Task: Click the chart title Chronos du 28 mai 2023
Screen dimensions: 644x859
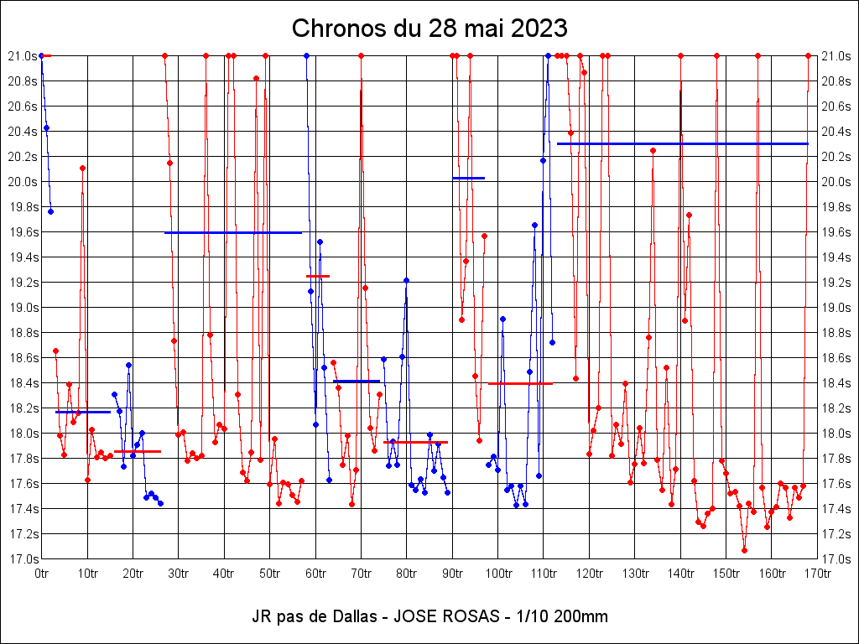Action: tap(429, 29)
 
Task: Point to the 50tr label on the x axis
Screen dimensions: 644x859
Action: tap(269, 574)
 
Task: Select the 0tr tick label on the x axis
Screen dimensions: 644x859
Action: tap(41, 574)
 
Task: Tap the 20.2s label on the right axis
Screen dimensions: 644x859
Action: tap(838, 157)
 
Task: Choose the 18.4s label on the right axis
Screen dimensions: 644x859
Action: tap(838, 383)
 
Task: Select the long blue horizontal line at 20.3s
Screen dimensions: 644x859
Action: tap(682, 143)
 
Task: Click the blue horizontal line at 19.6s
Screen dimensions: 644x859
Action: tap(233, 232)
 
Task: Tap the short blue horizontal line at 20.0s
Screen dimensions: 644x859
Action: tap(469, 178)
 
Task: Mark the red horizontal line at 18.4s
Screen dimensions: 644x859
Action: tap(520, 383)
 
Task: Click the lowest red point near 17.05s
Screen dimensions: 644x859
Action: tap(744, 550)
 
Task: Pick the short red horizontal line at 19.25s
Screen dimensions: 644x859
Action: tap(318, 276)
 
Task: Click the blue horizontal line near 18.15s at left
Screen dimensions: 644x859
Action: tap(83, 412)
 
